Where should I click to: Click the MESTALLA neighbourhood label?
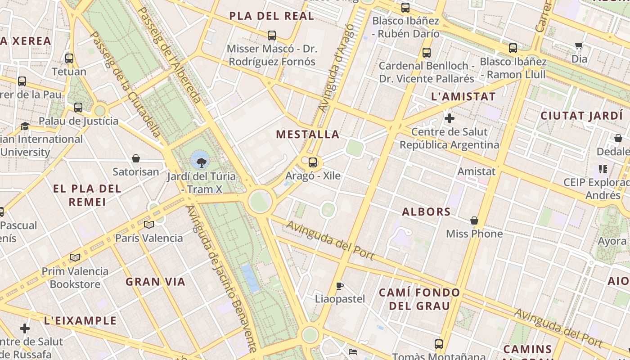(x=308, y=134)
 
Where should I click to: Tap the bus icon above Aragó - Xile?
(x=313, y=162)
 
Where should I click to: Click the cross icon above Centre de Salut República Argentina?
(x=449, y=118)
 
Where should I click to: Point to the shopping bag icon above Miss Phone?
(x=474, y=220)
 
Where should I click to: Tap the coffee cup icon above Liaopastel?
(x=340, y=286)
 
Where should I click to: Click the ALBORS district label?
(x=426, y=211)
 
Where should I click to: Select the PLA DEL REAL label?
(x=271, y=16)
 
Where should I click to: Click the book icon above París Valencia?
(x=149, y=225)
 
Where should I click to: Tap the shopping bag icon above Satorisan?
(x=136, y=158)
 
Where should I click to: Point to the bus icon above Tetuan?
(x=69, y=58)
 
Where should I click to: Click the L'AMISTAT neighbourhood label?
(x=463, y=96)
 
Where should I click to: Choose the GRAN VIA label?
(x=155, y=282)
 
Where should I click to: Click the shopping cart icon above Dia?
(x=579, y=45)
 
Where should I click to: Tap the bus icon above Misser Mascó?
(x=272, y=35)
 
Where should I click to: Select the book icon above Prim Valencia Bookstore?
(x=75, y=257)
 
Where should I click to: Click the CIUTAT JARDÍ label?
(x=581, y=116)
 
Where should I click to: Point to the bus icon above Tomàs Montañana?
(x=439, y=344)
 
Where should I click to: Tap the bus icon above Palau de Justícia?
(x=78, y=107)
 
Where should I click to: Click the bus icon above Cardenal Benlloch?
(x=427, y=52)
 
